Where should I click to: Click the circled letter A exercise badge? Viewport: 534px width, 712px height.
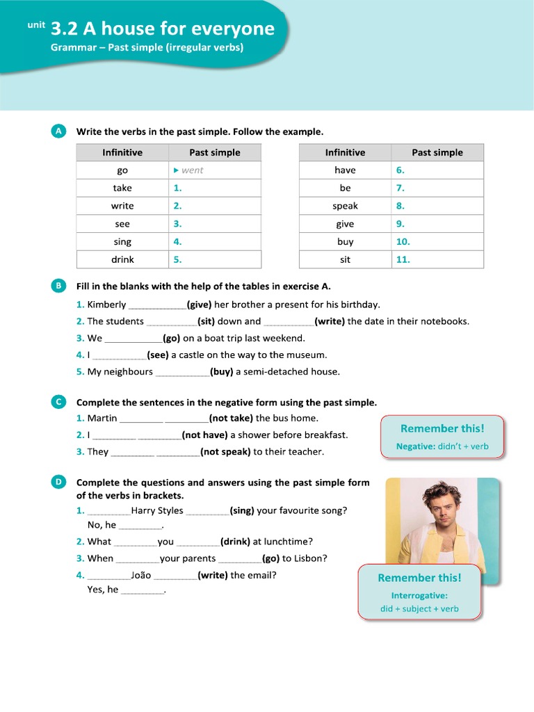pos(58,131)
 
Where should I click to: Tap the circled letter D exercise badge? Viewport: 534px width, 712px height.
pos(58,481)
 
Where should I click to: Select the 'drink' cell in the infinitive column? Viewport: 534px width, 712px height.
pos(122,259)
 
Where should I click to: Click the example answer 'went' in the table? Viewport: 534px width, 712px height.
pos(192,170)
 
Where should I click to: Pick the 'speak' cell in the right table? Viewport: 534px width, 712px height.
pos(345,206)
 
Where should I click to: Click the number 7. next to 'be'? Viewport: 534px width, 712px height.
pos(400,188)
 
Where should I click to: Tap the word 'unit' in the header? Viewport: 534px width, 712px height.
pos(36,25)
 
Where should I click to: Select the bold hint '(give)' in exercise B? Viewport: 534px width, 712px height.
pos(199,304)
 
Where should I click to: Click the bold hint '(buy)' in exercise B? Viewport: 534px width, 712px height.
pos(222,371)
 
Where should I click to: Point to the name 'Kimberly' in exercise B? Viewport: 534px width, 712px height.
pos(106,304)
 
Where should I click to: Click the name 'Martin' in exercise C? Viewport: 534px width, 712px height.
pos(102,418)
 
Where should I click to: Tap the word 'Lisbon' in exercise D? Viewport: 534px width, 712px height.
pos(310,558)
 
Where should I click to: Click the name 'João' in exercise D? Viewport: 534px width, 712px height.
pos(141,575)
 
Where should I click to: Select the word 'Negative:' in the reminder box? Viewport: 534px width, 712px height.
pos(416,446)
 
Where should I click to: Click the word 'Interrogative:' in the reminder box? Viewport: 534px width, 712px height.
pos(419,595)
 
